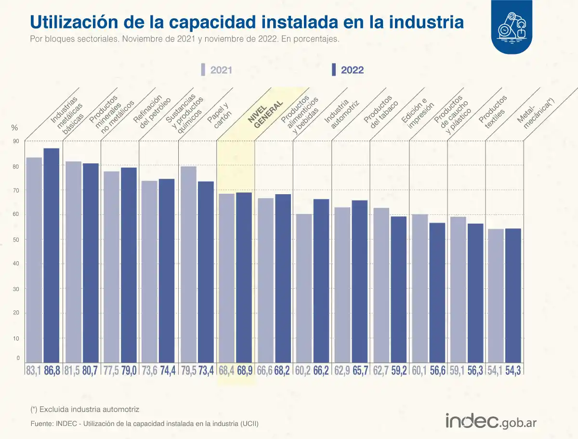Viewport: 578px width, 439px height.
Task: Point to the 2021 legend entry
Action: coord(217,70)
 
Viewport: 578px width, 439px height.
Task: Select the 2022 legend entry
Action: coord(348,70)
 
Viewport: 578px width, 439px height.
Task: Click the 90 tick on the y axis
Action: coord(16,141)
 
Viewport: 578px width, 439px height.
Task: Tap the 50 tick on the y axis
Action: coord(16,239)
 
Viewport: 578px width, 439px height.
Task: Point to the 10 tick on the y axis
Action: coord(16,338)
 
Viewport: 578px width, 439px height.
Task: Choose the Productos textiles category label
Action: coord(492,112)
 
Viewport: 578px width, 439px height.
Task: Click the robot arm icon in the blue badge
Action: coord(512,27)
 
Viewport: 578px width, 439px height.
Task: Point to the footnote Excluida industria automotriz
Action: coord(85,409)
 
